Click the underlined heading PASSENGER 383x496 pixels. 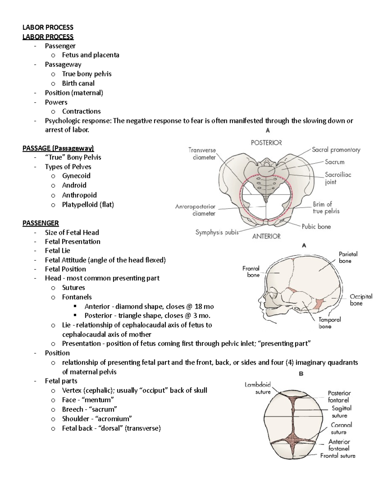click(x=41, y=223)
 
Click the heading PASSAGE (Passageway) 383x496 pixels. click(x=58, y=148)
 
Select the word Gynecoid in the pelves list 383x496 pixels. click(x=76, y=176)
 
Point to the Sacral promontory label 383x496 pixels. click(x=336, y=149)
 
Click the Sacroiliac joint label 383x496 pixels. click(x=338, y=178)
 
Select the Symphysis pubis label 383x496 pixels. click(x=217, y=232)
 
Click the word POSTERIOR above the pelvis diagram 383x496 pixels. click(x=266, y=143)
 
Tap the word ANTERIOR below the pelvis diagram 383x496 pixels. click(x=266, y=236)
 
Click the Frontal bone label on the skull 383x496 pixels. click(x=251, y=271)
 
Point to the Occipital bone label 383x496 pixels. click(x=361, y=300)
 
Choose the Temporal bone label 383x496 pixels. click(x=329, y=323)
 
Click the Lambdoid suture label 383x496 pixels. click(x=258, y=388)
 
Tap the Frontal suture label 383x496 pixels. click(x=338, y=456)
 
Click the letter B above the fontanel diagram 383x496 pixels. click(x=301, y=374)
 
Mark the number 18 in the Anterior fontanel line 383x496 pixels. click(x=198, y=306)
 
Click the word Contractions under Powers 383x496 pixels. click(x=81, y=111)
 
